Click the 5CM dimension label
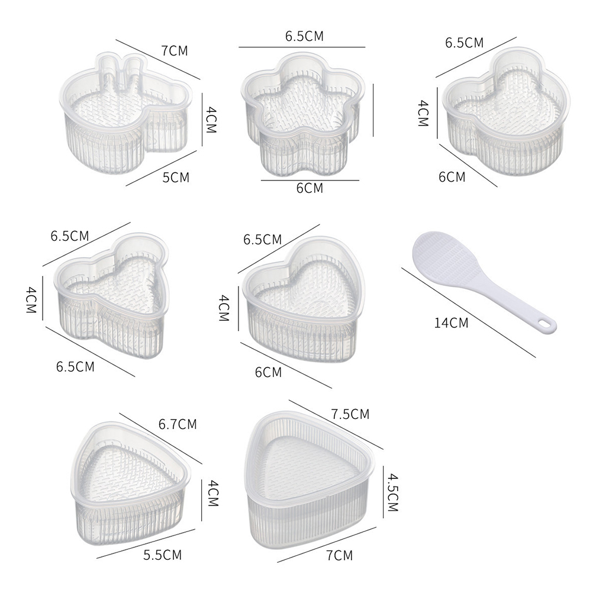click(176, 178)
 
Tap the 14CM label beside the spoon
click(451, 323)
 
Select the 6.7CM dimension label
click(178, 424)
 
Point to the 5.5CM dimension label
click(163, 555)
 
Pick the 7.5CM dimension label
click(350, 414)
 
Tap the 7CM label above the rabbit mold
click(175, 51)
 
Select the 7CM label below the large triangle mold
click(339, 555)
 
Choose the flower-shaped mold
click(303, 115)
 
